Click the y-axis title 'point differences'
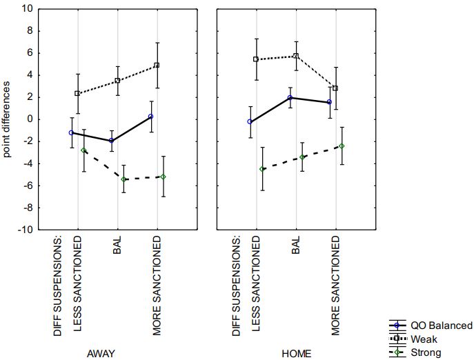coord(8,119)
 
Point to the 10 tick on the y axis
coord(28,9)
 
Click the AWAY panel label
coord(101,354)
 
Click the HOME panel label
coord(297,354)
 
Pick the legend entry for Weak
coord(423,339)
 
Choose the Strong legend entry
coord(424,352)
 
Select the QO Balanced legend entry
coord(442,326)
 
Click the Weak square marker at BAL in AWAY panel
coord(117,81)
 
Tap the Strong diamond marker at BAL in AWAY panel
coord(124,179)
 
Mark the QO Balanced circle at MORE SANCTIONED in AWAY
coord(150,117)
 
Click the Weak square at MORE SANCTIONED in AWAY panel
coord(157,66)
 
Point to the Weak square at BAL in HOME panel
coord(296,57)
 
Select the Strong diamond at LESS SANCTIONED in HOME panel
coord(262,169)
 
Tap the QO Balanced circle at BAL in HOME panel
coord(290,98)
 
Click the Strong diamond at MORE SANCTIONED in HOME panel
coord(342,146)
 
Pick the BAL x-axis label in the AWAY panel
coord(117,246)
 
